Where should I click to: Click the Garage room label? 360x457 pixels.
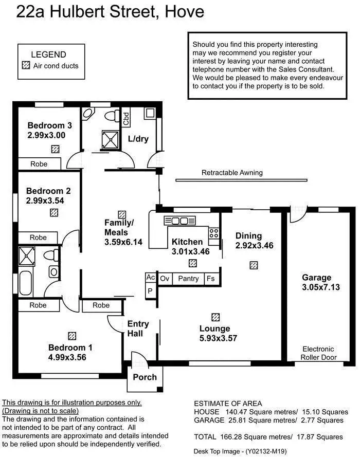click(x=317, y=278)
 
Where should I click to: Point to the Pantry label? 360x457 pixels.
click(x=188, y=279)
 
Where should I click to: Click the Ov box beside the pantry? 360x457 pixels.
click(x=165, y=279)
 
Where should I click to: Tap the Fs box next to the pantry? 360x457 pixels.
click(x=210, y=279)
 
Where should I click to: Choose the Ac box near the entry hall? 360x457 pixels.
click(x=151, y=277)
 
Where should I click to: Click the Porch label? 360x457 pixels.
click(x=145, y=377)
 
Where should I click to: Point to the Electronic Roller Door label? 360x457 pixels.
click(x=318, y=353)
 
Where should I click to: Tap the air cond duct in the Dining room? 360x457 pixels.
click(x=253, y=265)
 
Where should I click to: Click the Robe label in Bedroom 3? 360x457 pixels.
click(x=39, y=164)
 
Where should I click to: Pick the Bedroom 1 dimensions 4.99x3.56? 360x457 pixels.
click(x=70, y=357)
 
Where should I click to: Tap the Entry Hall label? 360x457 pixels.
click(x=138, y=328)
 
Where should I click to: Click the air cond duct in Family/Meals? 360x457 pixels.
click(x=122, y=214)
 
